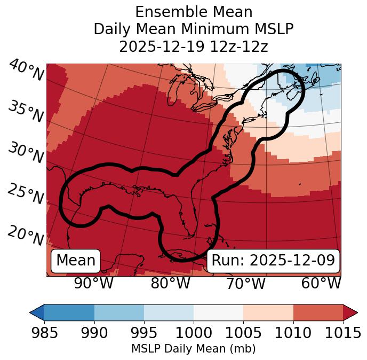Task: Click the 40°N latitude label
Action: (x=26, y=71)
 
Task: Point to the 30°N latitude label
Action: (x=26, y=153)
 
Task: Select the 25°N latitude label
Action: (x=26, y=194)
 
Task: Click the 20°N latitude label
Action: (x=26, y=235)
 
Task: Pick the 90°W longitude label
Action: (x=94, y=283)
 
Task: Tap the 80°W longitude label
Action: (x=170, y=283)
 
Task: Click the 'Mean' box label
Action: (x=76, y=261)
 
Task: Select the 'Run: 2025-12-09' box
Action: (x=273, y=261)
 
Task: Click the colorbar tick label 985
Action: (x=44, y=333)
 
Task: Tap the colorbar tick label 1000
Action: (x=194, y=333)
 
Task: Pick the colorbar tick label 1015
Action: (x=342, y=333)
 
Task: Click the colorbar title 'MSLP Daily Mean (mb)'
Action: (x=193, y=349)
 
